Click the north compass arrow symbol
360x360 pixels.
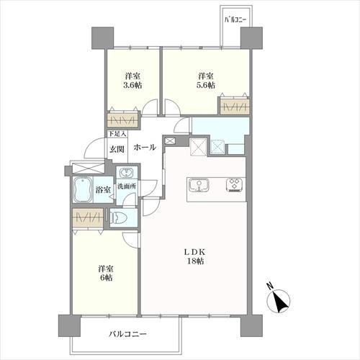tap(279, 300)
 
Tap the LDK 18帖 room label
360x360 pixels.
tap(195, 256)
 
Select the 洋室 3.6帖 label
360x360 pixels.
tap(132, 81)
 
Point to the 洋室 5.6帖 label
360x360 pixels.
tap(206, 81)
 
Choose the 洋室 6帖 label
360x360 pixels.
tap(106, 273)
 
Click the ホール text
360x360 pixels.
tap(145, 147)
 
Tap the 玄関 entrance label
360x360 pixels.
tap(117, 149)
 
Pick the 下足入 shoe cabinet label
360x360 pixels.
tap(117, 134)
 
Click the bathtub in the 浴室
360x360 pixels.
tap(83, 190)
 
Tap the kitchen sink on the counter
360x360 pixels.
tap(199, 186)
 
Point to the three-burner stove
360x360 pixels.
tap(235, 185)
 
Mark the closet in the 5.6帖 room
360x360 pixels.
tap(235, 106)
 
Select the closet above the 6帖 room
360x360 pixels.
tap(88, 217)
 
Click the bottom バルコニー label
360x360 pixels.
tap(127, 334)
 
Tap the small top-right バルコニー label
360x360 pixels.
tap(235, 20)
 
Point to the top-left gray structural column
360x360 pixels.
tap(103, 38)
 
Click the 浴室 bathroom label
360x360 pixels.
tap(103, 190)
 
